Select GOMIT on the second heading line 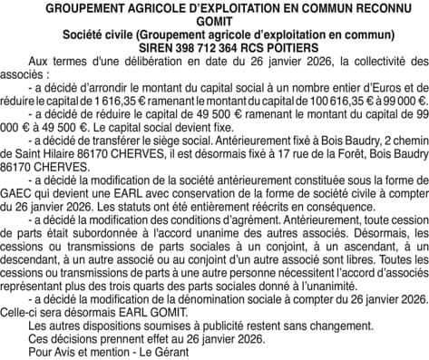(214, 24)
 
